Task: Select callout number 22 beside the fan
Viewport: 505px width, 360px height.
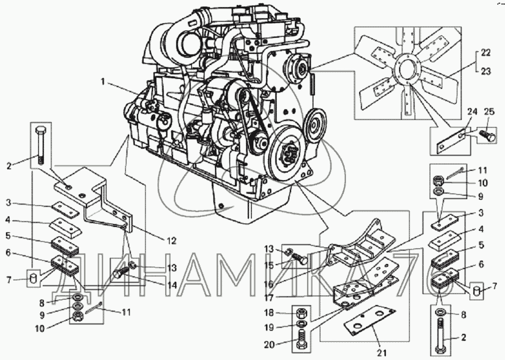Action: tap(486, 53)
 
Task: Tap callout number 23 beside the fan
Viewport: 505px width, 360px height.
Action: tap(486, 70)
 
